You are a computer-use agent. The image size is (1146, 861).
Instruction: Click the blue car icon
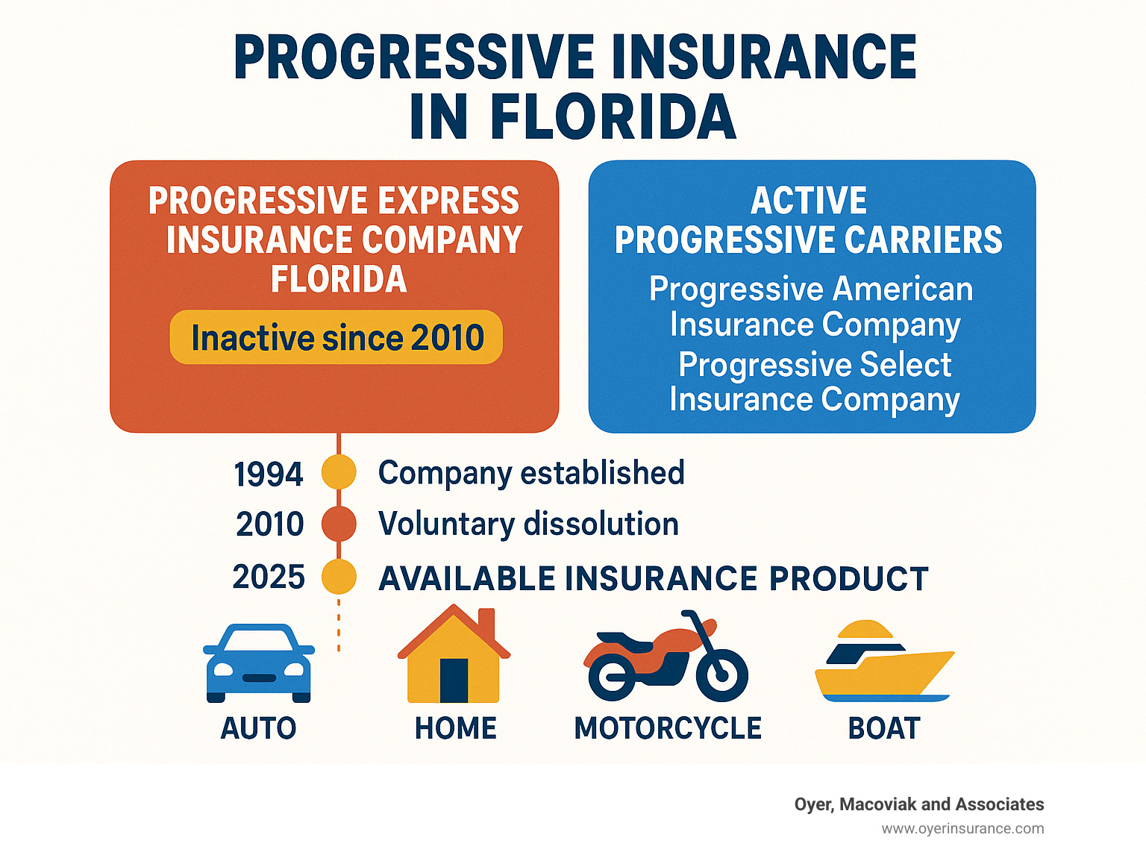[258, 663]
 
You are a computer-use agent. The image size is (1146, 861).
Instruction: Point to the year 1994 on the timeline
[269, 475]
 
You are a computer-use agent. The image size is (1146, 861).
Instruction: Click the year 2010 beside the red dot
[270, 525]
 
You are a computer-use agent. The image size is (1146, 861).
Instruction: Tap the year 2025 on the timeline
[269, 577]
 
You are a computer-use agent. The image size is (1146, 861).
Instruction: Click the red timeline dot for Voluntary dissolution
[339, 524]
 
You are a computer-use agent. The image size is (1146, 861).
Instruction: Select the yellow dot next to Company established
[339, 472]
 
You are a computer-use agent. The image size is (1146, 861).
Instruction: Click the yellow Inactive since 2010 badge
[336, 337]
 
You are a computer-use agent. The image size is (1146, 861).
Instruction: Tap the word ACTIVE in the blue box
[809, 201]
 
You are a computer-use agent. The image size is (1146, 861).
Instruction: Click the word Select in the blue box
[905, 365]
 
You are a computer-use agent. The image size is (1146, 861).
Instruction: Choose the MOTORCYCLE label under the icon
[668, 728]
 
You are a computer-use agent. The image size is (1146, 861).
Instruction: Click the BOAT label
[884, 728]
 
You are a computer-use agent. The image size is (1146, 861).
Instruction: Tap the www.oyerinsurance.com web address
[962, 829]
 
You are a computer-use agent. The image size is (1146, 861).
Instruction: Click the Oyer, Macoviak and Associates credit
[919, 804]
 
